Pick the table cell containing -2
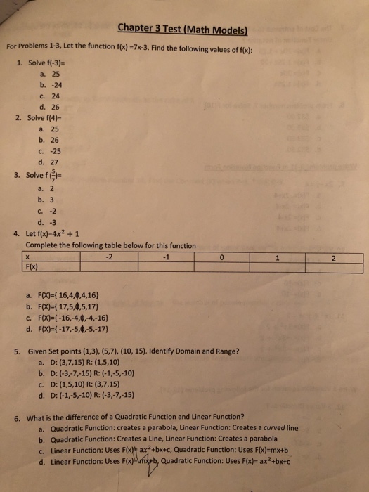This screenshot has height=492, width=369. coord(108,257)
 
